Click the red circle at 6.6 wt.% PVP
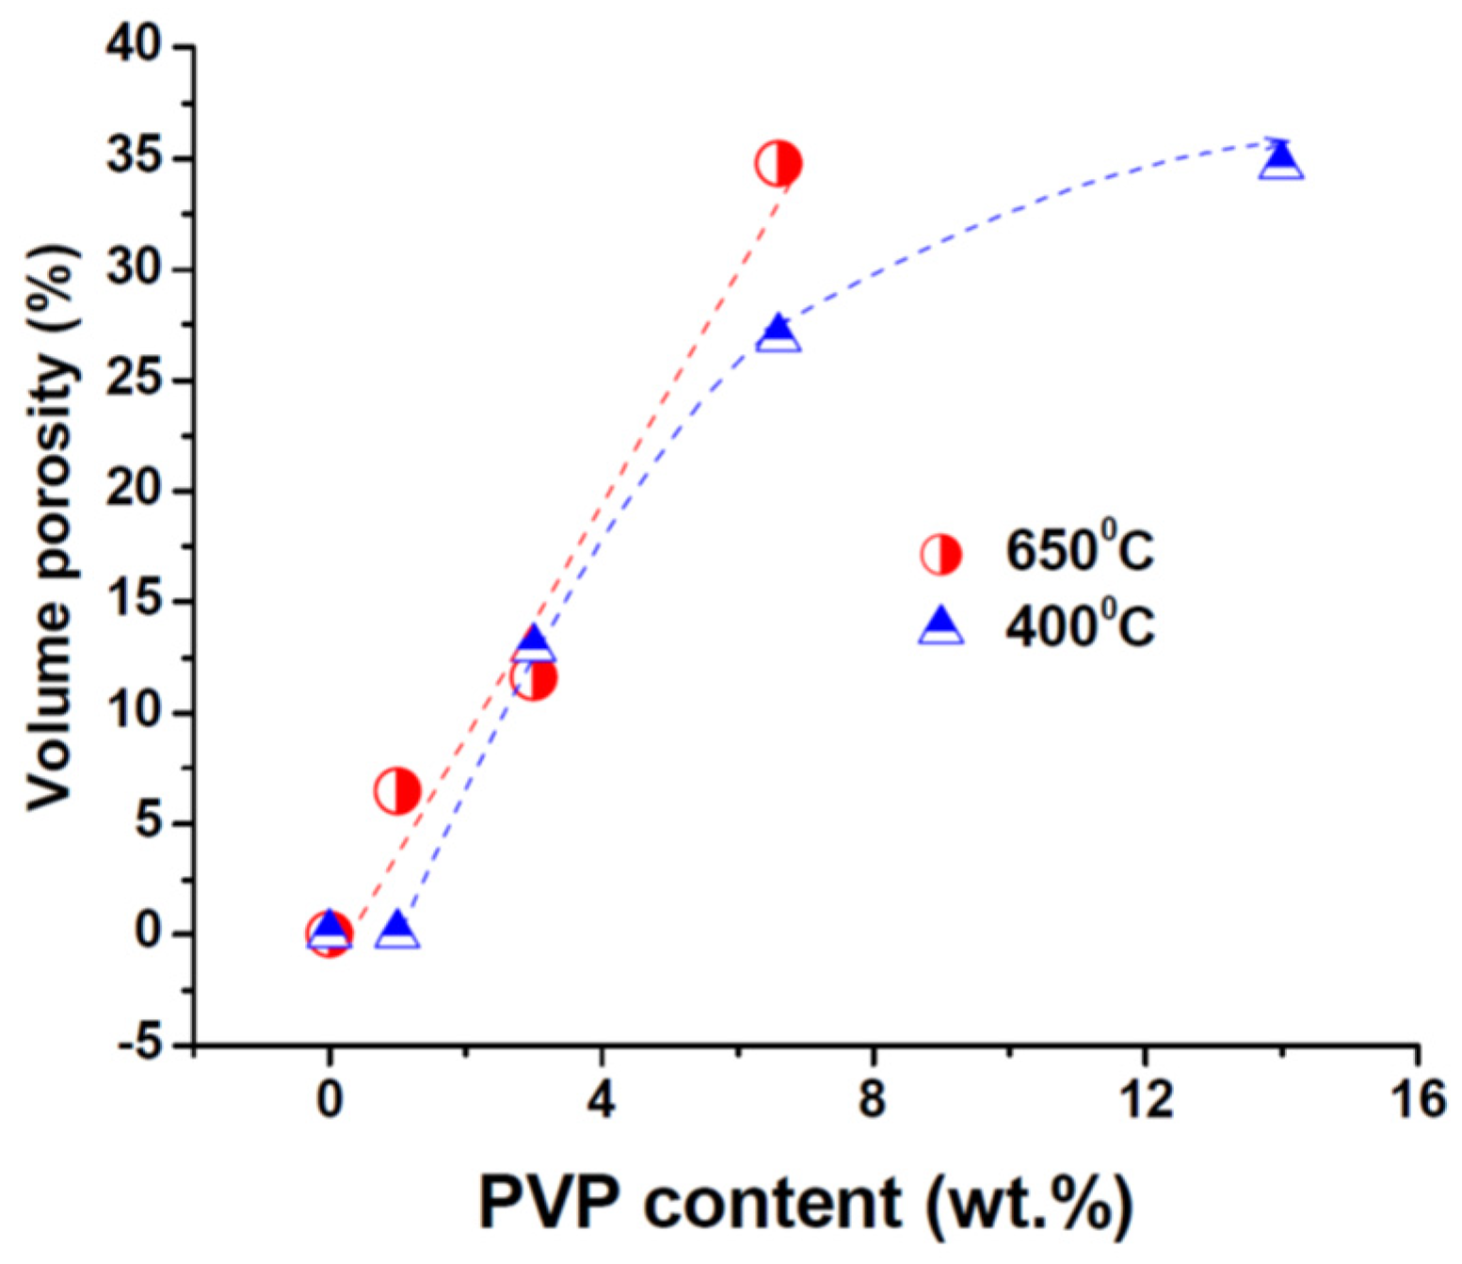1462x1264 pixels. pos(778,164)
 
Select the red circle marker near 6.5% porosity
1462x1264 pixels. pos(397,790)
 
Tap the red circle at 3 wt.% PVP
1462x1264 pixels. pos(534,678)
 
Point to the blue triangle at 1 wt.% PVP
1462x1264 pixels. pos(397,931)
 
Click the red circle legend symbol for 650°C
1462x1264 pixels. pos(940,555)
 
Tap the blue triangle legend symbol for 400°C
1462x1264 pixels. pos(940,625)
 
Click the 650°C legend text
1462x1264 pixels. pos(1079,551)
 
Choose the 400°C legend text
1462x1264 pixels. pos(1079,624)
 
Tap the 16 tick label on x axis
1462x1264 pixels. pos(1417,1098)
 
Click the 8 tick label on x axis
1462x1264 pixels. pos(873,1098)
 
